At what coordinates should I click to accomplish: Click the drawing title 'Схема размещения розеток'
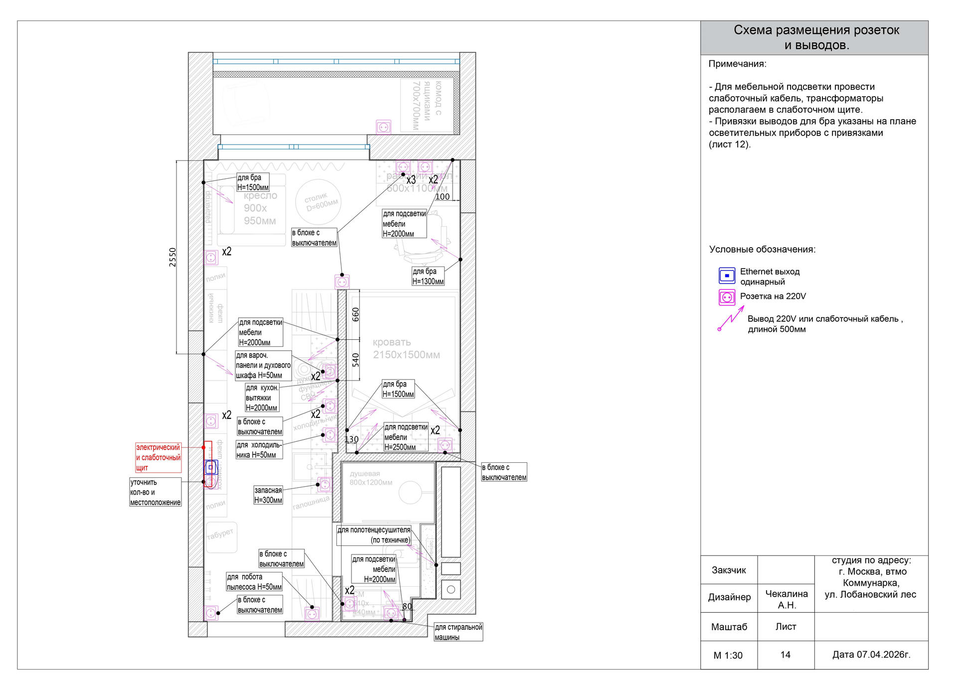(x=816, y=31)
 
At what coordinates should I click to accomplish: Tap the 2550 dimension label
(x=172, y=257)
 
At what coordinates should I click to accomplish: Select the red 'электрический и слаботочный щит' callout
(x=159, y=457)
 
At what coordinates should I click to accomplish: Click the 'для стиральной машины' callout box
(x=458, y=632)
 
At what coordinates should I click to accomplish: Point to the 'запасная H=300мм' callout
(x=268, y=495)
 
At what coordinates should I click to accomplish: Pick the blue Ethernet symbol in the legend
(x=727, y=276)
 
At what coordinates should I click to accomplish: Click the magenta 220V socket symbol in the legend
(x=727, y=297)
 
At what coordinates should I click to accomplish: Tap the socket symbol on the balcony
(x=383, y=127)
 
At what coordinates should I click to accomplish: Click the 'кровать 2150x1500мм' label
(x=406, y=348)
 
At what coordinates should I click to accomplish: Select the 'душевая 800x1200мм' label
(x=371, y=478)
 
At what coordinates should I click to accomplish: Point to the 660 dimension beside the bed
(x=355, y=314)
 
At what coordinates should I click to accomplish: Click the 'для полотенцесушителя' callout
(x=374, y=535)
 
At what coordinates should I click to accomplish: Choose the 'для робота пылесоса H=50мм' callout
(x=254, y=582)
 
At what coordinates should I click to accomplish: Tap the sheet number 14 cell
(x=785, y=655)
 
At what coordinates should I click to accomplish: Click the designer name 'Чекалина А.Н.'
(x=787, y=599)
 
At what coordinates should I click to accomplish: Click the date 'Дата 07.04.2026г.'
(x=871, y=655)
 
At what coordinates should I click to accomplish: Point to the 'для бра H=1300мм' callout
(x=428, y=276)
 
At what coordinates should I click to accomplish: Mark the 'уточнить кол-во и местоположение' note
(x=155, y=492)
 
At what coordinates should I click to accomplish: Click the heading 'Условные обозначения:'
(x=762, y=250)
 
